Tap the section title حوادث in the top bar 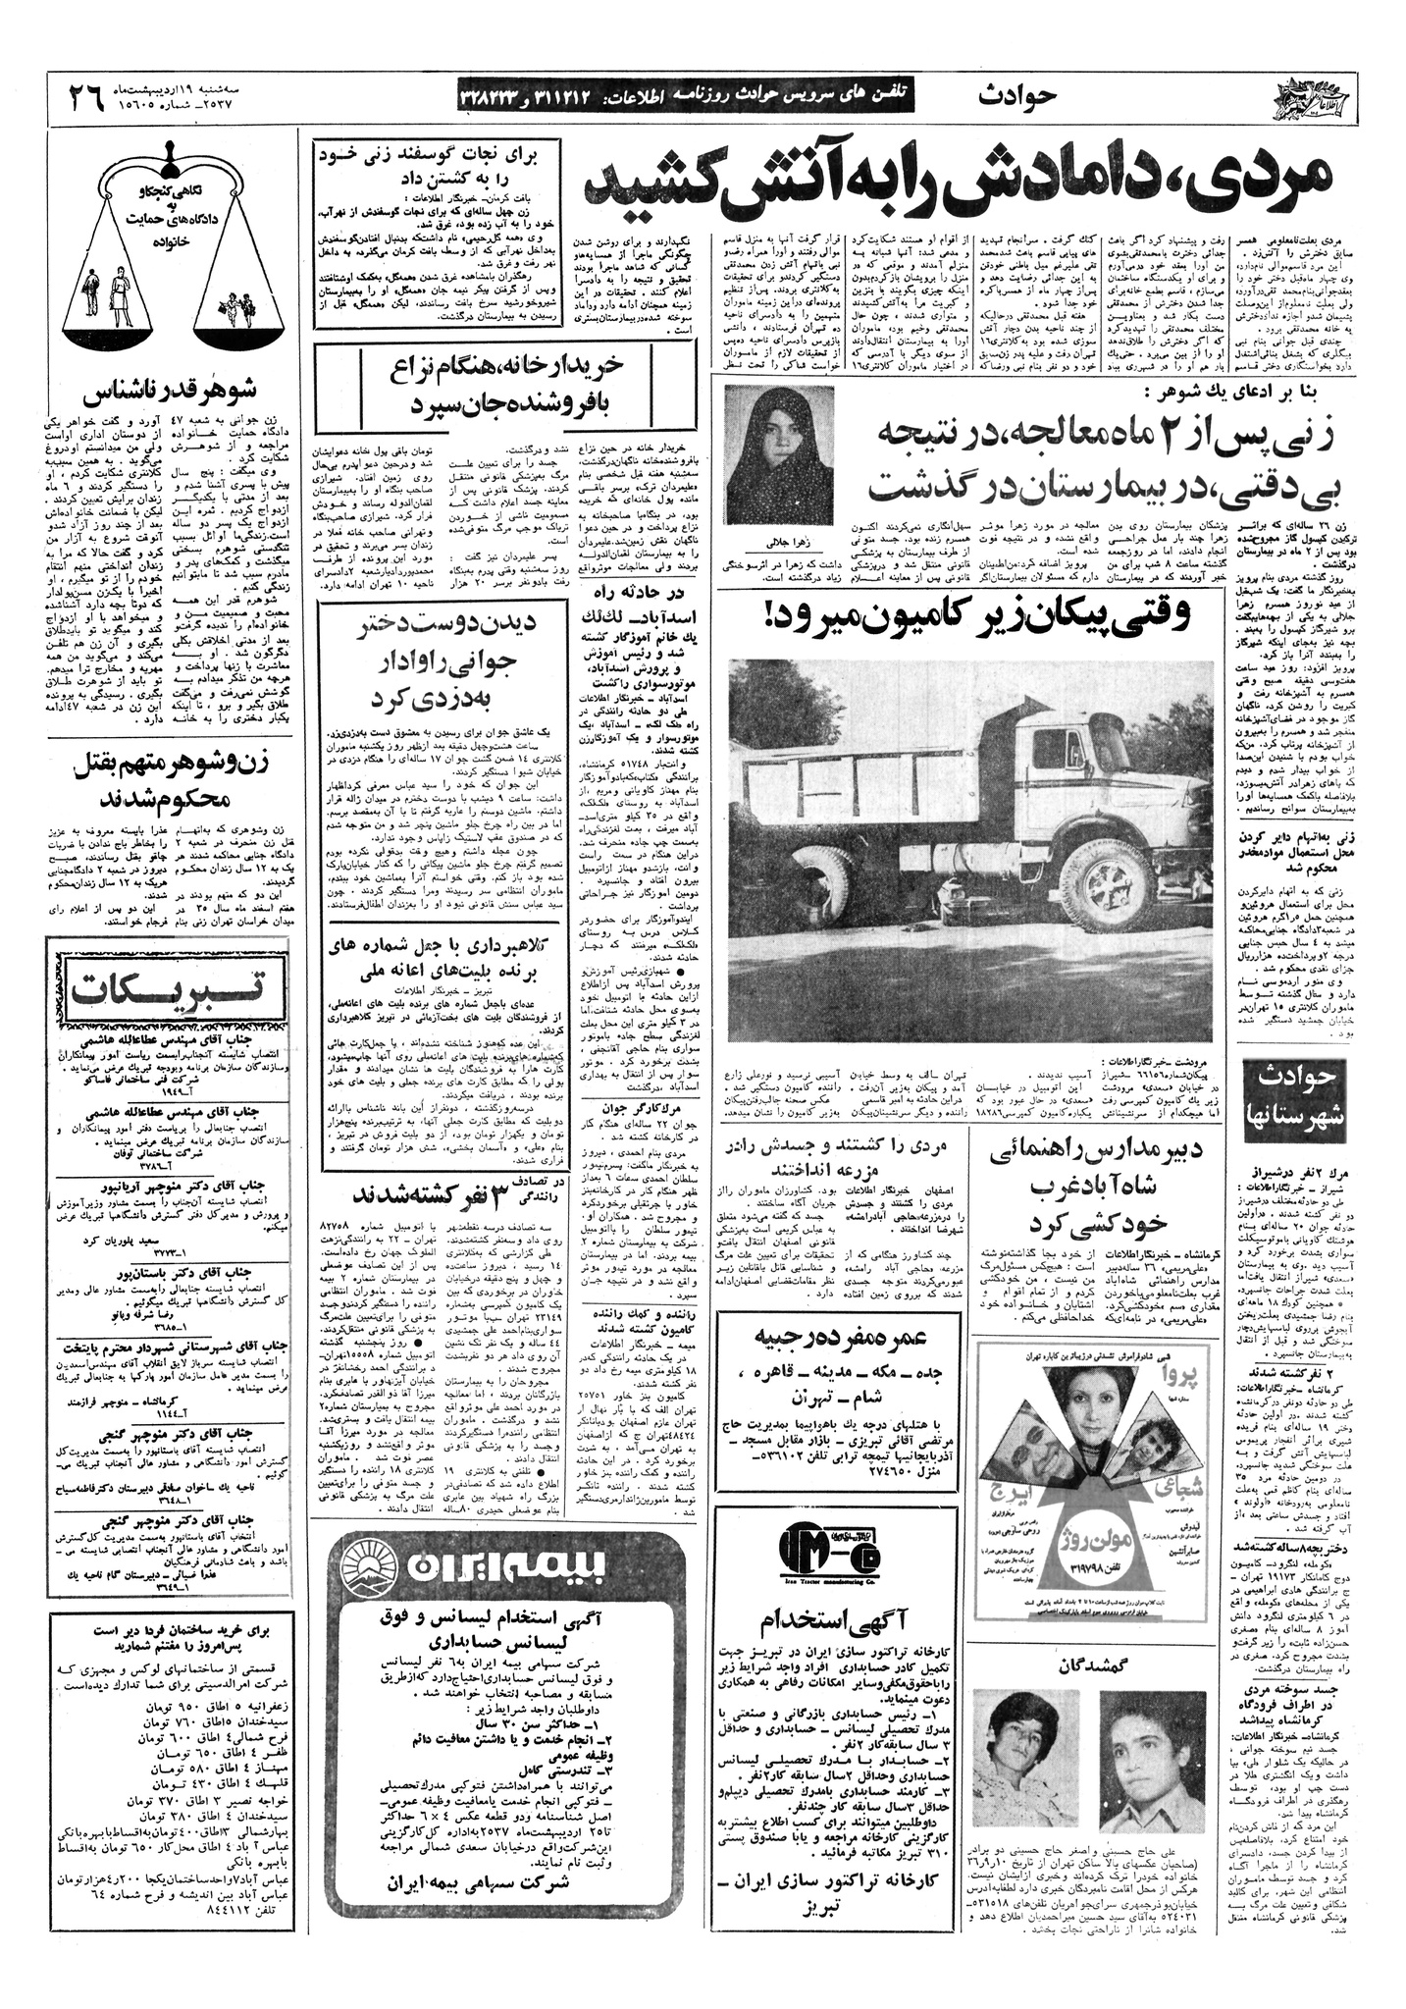(x=1016, y=95)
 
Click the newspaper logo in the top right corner (x=1308, y=97)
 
